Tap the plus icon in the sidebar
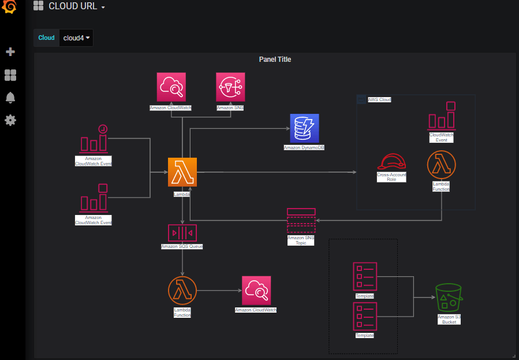[x=10, y=52]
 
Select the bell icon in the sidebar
[x=10, y=98]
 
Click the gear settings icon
[x=10, y=120]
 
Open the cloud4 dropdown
[x=76, y=38]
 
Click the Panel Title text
[x=275, y=60]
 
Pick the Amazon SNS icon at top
[x=230, y=87]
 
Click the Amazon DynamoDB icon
[x=304, y=128]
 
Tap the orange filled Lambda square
[x=182, y=172]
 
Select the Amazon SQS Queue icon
[x=182, y=232]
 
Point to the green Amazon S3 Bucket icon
[x=449, y=298]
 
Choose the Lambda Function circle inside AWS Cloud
[x=442, y=165]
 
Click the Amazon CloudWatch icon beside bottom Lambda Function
[x=256, y=291]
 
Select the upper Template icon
[x=365, y=277]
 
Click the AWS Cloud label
[x=379, y=100]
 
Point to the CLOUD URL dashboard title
[x=73, y=6]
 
